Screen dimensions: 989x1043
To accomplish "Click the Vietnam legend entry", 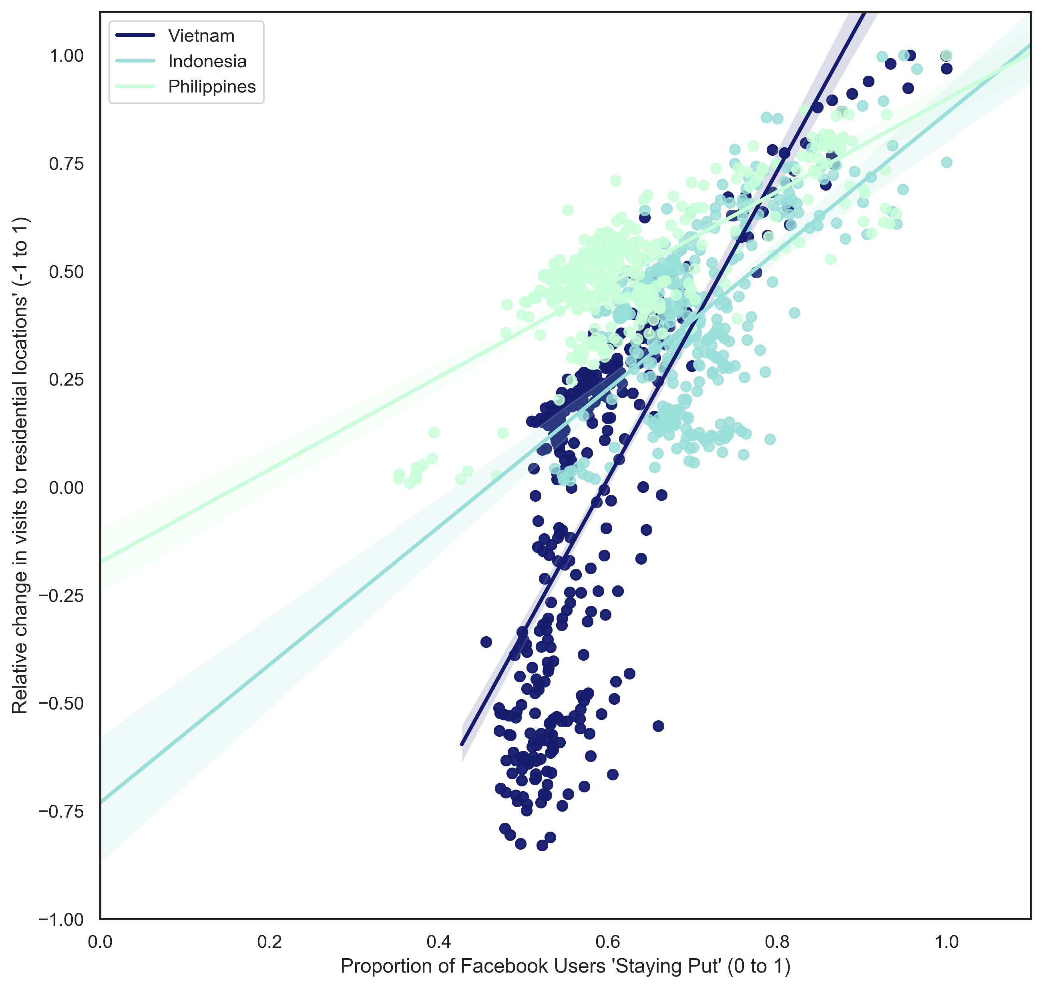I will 201,36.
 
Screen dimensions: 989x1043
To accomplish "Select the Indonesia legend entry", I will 207,61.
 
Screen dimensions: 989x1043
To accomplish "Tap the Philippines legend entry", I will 211,86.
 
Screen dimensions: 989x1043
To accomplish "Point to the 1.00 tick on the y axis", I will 66,56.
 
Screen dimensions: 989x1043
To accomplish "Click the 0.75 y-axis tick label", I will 66,164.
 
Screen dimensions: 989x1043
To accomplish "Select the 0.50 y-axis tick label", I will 66,272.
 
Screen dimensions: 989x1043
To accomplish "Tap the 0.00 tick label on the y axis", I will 66,488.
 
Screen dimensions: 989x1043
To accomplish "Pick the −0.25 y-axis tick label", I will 61,596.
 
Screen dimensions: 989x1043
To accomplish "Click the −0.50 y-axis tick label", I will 61,704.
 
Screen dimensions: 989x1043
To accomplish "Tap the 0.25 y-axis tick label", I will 66,380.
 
